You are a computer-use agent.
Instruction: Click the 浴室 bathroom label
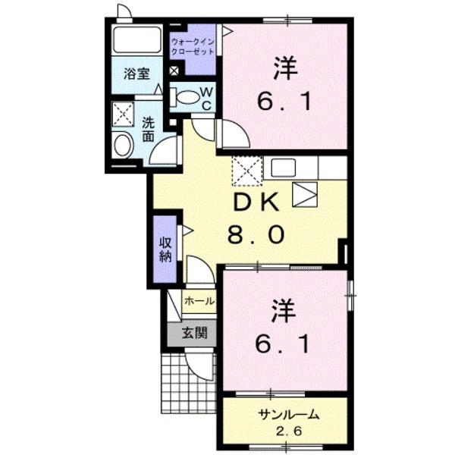(136, 75)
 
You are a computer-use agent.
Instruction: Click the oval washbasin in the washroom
(122, 145)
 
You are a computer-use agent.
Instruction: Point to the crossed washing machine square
(122, 115)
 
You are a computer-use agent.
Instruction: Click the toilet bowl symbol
(184, 97)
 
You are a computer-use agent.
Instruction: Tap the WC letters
(206, 97)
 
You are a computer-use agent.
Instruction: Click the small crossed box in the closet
(174, 71)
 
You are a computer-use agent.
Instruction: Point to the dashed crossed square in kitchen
(246, 171)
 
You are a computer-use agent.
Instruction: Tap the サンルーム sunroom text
(284, 416)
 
